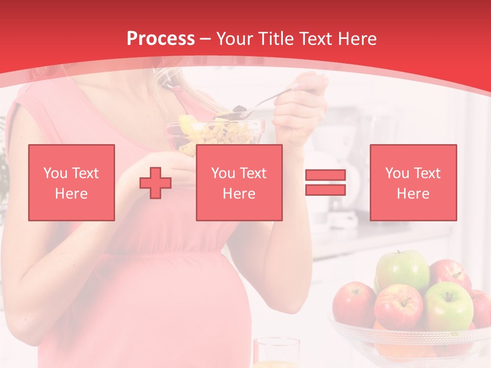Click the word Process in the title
pyautogui.click(x=161, y=39)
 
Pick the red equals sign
pyautogui.click(x=325, y=182)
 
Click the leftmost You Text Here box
pyautogui.click(x=72, y=183)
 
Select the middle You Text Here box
pyautogui.click(x=239, y=183)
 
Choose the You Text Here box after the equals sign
pyautogui.click(x=413, y=183)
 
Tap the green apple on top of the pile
pyautogui.click(x=403, y=270)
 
